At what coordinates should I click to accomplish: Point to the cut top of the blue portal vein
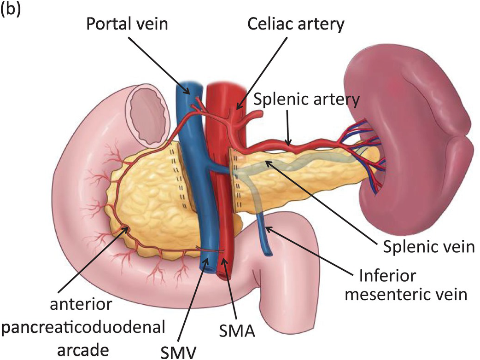click(189, 86)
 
